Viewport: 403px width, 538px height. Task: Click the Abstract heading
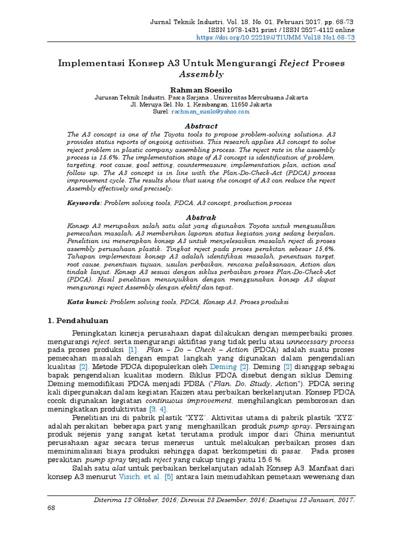201,126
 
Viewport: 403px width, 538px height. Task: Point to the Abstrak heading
201,217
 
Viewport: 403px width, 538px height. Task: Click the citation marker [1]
132,349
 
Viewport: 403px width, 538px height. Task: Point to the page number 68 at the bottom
52,508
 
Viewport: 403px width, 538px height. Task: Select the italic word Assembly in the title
201,74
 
